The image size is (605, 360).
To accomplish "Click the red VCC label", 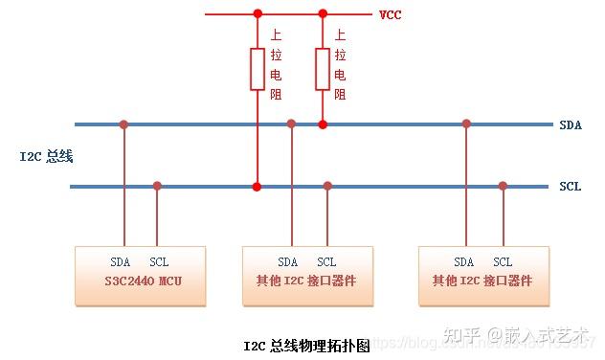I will pyautogui.click(x=391, y=14).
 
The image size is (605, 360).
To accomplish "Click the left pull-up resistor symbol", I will pyautogui.click(x=257, y=68).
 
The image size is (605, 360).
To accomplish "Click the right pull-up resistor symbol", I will pyautogui.click(x=323, y=68).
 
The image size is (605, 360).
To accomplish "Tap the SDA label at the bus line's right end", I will pyautogui.click(x=571, y=124).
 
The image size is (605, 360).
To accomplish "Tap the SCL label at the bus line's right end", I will pyautogui.click(x=571, y=187).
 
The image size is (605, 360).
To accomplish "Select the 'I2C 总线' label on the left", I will pyautogui.click(x=47, y=155).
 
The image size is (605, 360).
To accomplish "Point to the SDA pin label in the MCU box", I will pyautogui.click(x=121, y=261).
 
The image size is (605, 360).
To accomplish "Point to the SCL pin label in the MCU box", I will pyautogui.click(x=158, y=261).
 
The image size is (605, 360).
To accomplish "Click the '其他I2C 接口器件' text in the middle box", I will pyautogui.click(x=307, y=281).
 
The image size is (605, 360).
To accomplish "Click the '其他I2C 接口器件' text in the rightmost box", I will pyautogui.click(x=482, y=281).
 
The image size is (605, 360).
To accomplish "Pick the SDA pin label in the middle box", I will pyautogui.click(x=288, y=261).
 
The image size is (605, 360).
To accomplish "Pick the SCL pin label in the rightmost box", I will pyautogui.click(x=503, y=261).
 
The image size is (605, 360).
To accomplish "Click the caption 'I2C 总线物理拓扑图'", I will pyautogui.click(x=306, y=345).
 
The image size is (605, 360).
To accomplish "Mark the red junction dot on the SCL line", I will pyautogui.click(x=257, y=186).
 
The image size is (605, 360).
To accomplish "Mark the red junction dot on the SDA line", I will pyautogui.click(x=323, y=124).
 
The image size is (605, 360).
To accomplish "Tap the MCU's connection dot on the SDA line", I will pyautogui.click(x=123, y=124).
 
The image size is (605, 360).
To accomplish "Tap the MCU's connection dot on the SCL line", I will pyautogui.click(x=157, y=186).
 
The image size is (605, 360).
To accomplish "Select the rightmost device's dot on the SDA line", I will pyautogui.click(x=466, y=124).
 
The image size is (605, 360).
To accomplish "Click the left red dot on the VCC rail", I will pyautogui.click(x=257, y=14).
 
